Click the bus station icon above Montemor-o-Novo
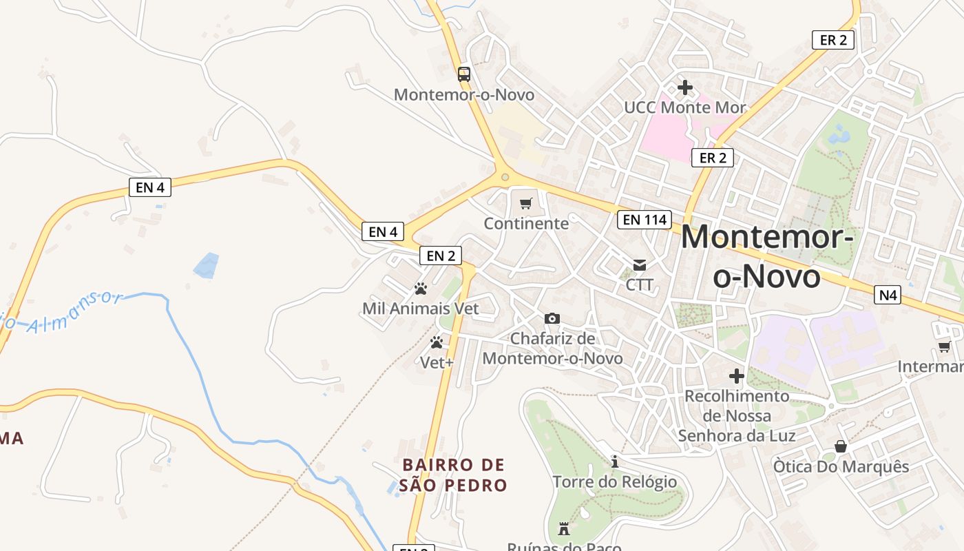[464, 74]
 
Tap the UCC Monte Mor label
[684, 107]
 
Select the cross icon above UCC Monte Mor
[685, 87]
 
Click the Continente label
[526, 223]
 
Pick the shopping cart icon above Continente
[526, 203]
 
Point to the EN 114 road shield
[644, 220]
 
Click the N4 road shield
[888, 295]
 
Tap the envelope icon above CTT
[640, 264]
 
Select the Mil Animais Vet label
[420, 308]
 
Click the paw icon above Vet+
[437, 342]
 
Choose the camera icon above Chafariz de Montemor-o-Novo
[552, 318]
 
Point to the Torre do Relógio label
[614, 481]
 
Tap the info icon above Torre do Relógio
[615, 461]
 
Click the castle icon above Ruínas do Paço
[564, 529]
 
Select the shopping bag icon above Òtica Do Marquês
[841, 446]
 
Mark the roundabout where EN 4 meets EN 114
[505, 177]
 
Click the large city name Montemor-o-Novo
[767, 257]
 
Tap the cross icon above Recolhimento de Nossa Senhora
[737, 376]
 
